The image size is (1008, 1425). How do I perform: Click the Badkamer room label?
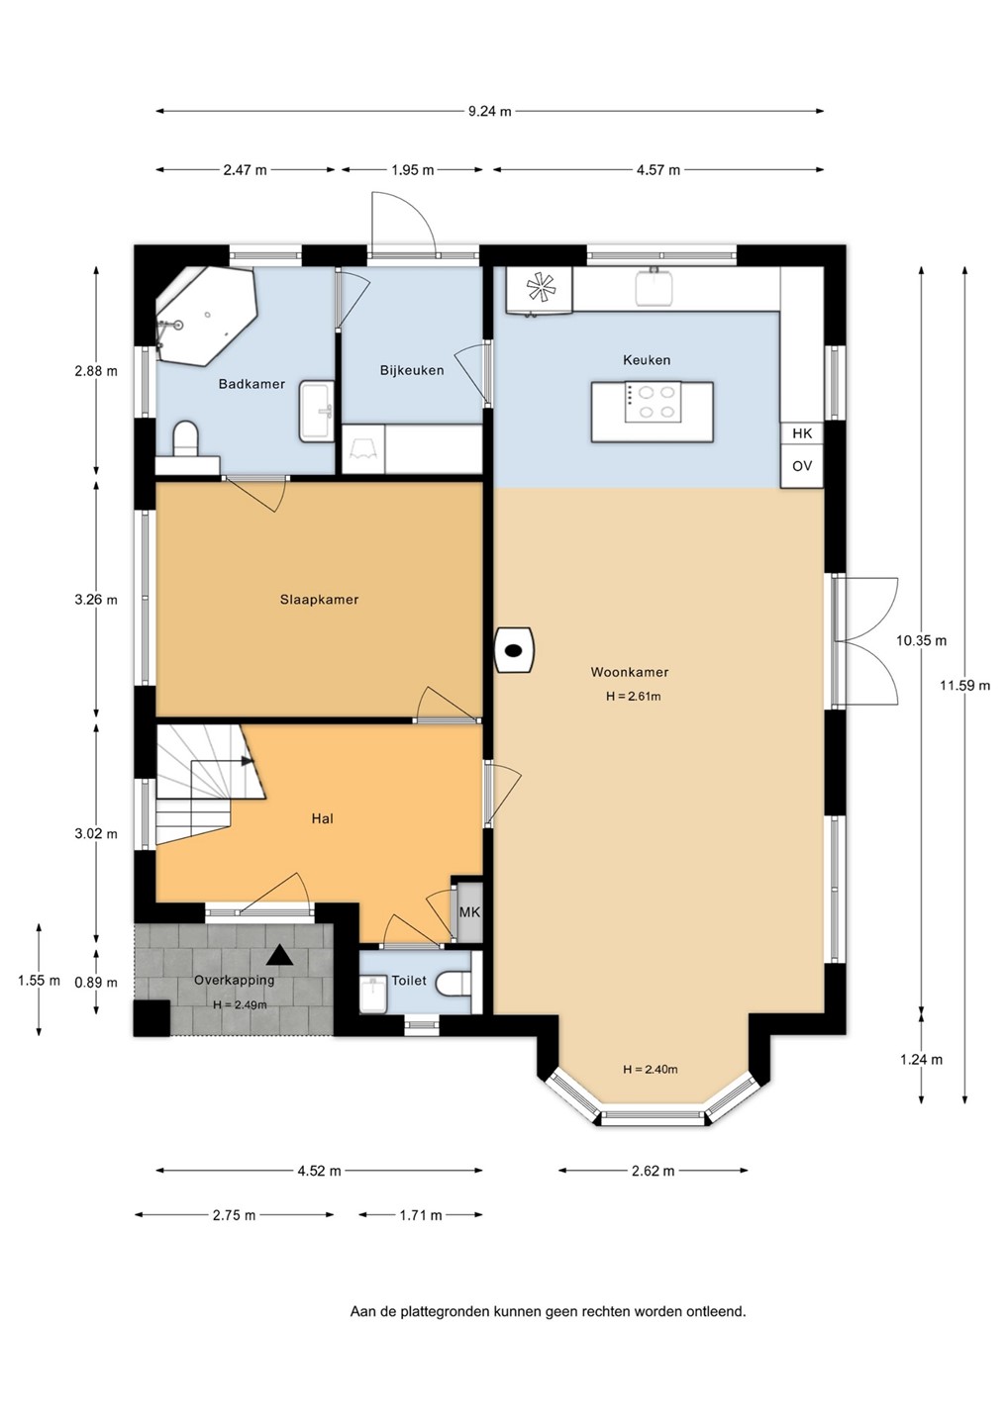252,384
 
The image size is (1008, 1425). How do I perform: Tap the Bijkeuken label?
412,370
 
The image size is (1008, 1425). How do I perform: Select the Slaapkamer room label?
319,600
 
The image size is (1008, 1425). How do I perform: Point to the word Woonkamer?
630,672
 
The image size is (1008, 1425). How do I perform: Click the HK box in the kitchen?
802,433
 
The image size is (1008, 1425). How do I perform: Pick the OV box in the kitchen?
802,466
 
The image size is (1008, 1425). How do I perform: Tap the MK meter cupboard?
469,911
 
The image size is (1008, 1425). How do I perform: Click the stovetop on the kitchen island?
653,402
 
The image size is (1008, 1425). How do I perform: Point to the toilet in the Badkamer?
186,437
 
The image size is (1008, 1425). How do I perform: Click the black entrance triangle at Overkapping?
278,956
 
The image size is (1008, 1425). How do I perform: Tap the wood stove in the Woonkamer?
514,649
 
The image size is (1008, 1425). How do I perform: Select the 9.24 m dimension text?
490,111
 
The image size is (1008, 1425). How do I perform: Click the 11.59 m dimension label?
964,685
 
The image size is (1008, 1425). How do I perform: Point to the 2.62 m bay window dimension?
653,1171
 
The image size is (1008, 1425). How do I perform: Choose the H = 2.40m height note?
651,1070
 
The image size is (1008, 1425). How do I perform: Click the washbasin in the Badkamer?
316,411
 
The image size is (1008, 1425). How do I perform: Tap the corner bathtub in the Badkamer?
207,316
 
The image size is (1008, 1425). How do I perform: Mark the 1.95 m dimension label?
412,170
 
